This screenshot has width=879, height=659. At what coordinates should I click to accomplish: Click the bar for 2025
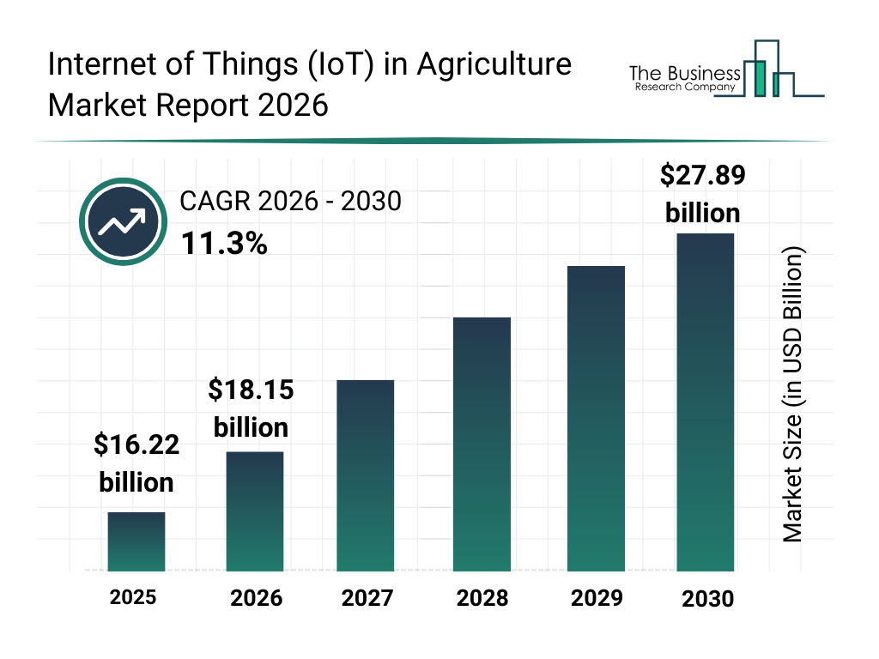click(x=136, y=541)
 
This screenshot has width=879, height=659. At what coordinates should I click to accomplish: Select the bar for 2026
click(x=255, y=511)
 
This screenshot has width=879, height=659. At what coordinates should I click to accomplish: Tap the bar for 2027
click(x=366, y=475)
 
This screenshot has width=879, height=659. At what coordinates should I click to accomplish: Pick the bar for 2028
click(x=482, y=444)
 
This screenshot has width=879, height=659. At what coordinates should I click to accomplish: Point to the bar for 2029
click(x=596, y=419)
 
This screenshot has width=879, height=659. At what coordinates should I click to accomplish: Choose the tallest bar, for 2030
click(x=706, y=402)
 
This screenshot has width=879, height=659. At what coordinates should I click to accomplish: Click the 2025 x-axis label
click(x=133, y=597)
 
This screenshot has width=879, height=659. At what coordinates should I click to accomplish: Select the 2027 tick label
click(x=367, y=598)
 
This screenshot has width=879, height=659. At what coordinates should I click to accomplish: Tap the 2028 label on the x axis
click(x=482, y=598)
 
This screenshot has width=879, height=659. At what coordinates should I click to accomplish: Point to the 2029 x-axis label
click(x=597, y=598)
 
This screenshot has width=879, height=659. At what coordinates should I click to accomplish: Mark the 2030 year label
click(x=708, y=599)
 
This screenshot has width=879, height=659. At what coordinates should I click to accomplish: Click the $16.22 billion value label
click(x=136, y=463)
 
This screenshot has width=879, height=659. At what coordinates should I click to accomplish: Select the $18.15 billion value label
click(x=251, y=408)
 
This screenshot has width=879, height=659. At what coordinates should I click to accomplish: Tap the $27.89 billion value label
click(x=702, y=193)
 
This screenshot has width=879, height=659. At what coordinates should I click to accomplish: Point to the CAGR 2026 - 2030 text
click(x=290, y=202)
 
